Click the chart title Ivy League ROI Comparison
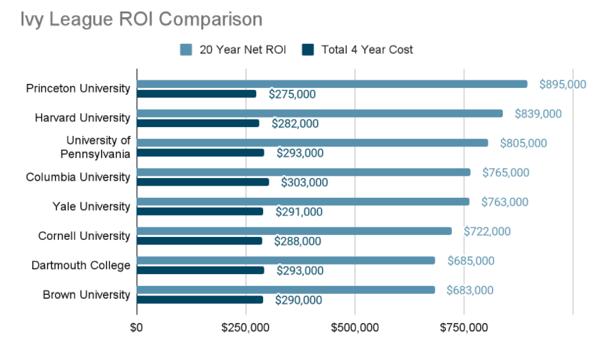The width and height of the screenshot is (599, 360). click(x=142, y=19)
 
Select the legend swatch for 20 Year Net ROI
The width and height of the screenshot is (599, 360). click(x=186, y=49)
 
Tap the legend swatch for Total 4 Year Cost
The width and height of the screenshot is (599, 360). click(x=308, y=49)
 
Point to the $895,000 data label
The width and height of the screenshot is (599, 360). click(x=562, y=84)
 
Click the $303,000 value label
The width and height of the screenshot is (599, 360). click(x=304, y=183)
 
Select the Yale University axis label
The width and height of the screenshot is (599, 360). click(x=91, y=207)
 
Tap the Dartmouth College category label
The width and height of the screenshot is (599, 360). click(x=80, y=265)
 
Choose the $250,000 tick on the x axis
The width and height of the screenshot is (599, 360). click(x=245, y=328)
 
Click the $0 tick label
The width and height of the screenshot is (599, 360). click(x=137, y=328)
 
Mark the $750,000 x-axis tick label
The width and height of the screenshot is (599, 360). click(x=464, y=328)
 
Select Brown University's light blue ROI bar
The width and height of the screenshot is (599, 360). click(x=286, y=290)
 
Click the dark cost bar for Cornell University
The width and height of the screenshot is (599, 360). click(x=199, y=241)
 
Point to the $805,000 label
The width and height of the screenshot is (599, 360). click(x=522, y=143)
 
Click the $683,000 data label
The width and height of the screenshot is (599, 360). click(x=469, y=290)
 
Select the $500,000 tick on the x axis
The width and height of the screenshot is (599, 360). click(x=354, y=328)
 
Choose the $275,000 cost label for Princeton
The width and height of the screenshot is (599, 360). click(x=291, y=94)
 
